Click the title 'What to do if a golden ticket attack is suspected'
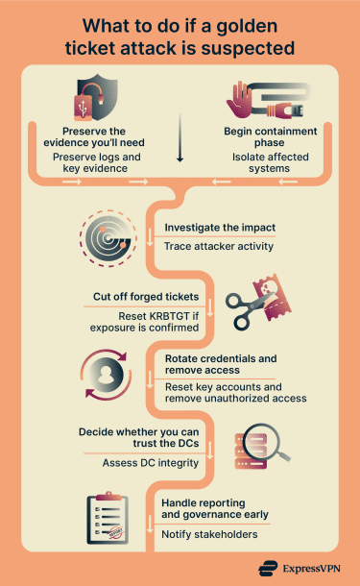point(180,36)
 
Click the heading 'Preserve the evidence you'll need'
point(94,137)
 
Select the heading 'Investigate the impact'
point(220,228)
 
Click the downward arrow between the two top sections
point(180,146)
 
